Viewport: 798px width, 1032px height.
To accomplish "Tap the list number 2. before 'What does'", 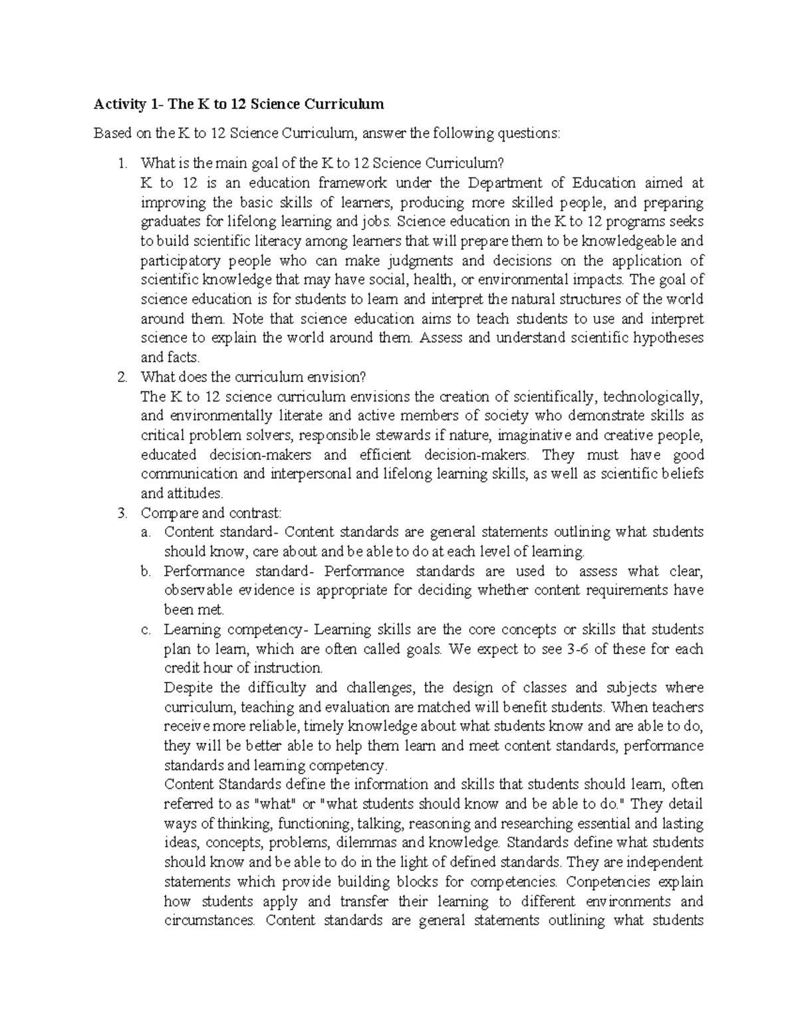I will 122,377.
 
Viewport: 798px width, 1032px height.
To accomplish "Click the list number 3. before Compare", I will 122,513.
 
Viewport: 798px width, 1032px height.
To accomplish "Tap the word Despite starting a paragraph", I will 188,688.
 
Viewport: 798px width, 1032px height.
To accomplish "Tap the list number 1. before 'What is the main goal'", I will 122,163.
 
